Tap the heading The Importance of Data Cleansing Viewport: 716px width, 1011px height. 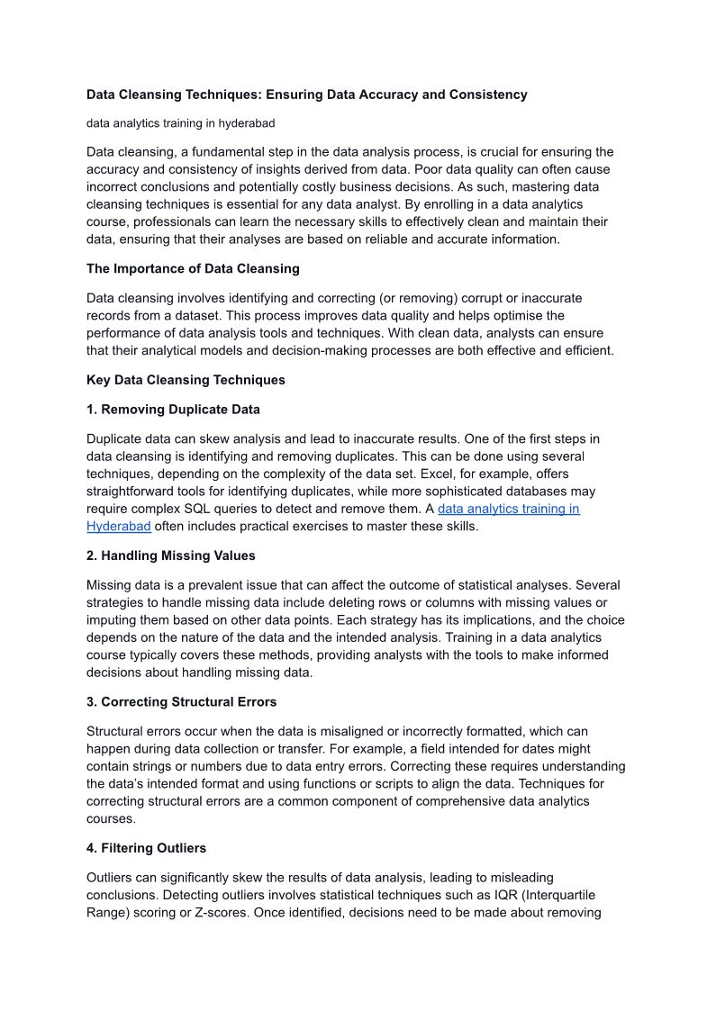(193, 268)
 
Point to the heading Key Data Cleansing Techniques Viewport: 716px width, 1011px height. (186, 380)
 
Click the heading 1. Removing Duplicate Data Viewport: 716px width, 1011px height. (173, 410)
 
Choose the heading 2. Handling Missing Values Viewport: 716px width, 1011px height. (171, 555)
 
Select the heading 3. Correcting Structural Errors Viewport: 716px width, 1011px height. (181, 701)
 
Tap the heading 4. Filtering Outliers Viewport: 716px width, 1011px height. (146, 848)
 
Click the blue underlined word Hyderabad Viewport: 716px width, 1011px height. (118, 527)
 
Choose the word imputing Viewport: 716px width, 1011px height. (113, 620)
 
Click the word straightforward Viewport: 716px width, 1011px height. (134, 492)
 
